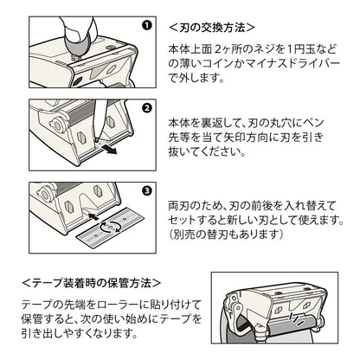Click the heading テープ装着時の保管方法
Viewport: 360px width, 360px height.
[x=92, y=283]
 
